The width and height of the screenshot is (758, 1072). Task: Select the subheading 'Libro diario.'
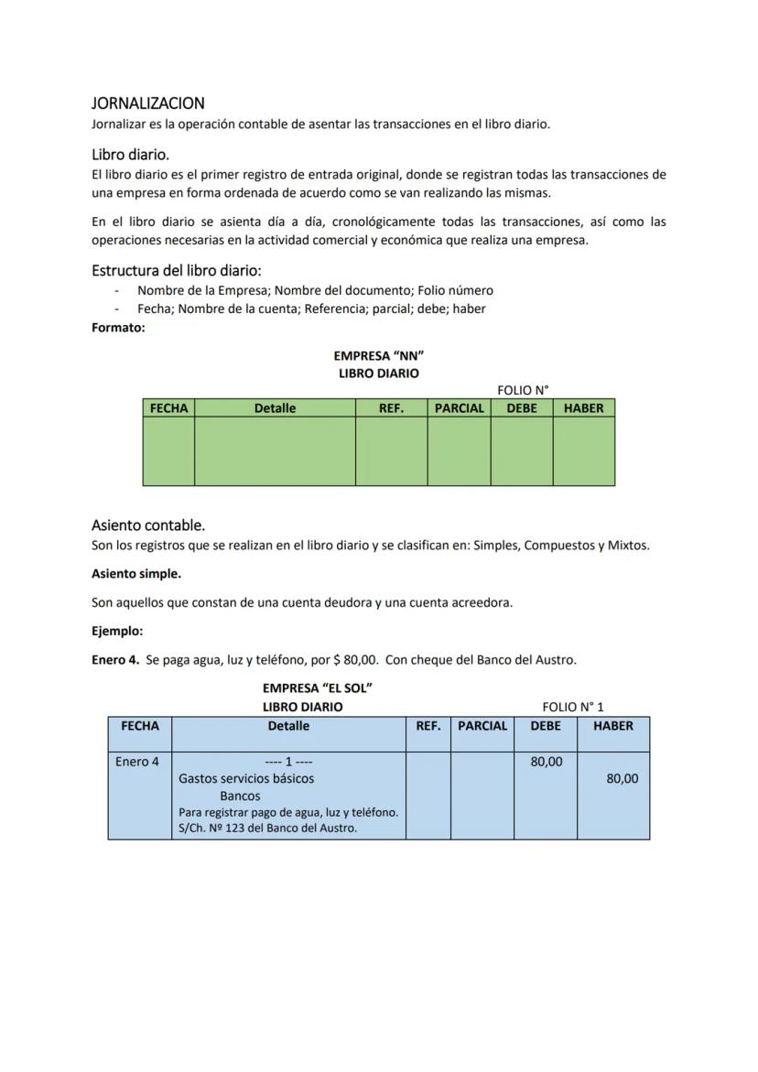click(x=130, y=155)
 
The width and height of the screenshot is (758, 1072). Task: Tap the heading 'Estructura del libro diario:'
click(x=177, y=270)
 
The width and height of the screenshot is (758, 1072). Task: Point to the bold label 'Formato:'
click(x=118, y=327)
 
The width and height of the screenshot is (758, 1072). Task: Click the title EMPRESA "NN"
click(x=379, y=355)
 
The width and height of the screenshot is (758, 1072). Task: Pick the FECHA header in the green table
click(x=168, y=408)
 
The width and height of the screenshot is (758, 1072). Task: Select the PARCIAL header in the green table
click(x=459, y=408)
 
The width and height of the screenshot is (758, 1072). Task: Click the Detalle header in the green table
click(x=275, y=408)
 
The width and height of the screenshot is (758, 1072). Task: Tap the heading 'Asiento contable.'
click(x=148, y=525)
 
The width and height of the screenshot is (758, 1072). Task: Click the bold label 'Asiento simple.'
click(x=136, y=574)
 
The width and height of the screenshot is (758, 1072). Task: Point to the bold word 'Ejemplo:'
click(x=117, y=631)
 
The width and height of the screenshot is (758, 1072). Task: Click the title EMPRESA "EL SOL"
click(x=317, y=688)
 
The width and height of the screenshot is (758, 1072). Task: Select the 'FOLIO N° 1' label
click(x=573, y=707)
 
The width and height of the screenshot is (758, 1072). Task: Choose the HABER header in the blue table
click(x=613, y=726)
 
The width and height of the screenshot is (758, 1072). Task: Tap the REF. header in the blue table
click(x=428, y=726)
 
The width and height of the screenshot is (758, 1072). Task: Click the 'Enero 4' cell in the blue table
click(x=137, y=762)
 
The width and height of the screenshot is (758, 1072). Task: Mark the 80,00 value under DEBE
click(x=547, y=762)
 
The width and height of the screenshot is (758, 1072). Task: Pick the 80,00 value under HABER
click(x=623, y=779)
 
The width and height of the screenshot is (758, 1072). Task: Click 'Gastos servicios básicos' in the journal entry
click(x=246, y=779)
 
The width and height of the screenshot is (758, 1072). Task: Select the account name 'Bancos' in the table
click(x=240, y=796)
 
